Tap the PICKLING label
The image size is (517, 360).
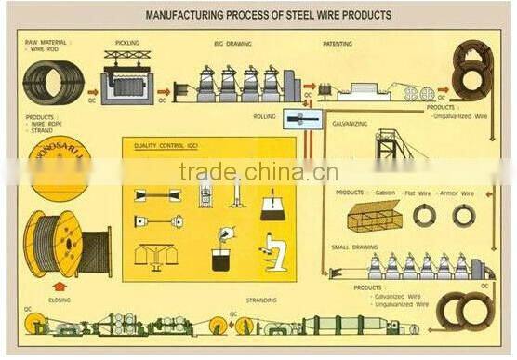pos(126,43)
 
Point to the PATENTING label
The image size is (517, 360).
pos(337,43)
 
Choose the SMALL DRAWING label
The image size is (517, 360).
pos(354,247)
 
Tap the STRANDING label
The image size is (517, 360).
pos(260,300)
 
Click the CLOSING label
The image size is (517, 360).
pos(60,300)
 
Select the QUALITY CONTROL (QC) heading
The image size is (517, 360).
pos(166,145)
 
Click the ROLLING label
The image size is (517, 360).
pos(265,117)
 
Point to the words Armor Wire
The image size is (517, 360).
pos(456,193)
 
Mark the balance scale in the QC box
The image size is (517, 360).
pos(156,253)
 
